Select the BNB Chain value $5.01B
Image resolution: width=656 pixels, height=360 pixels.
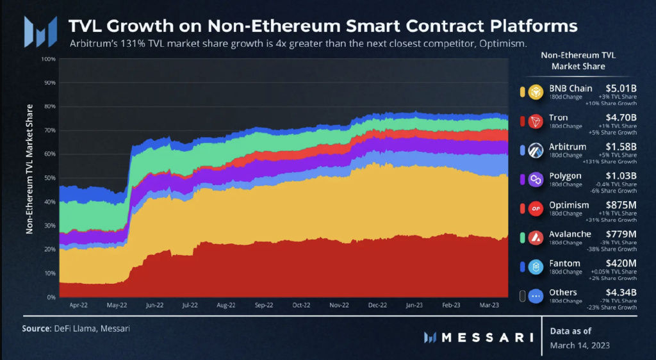tap(621, 88)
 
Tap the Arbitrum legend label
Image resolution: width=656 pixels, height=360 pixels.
tap(567, 147)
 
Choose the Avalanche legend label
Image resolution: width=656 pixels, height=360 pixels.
tap(570, 234)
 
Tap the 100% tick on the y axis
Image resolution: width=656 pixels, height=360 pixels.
tap(48, 59)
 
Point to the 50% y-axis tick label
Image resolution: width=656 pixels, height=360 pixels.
tap(50, 178)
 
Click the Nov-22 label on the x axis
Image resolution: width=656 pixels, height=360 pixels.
tap(339, 306)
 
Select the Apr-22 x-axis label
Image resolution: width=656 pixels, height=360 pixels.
tap(78, 306)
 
